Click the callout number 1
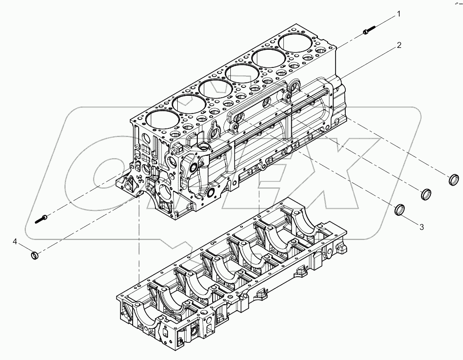[398, 14]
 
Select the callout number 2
[399, 45]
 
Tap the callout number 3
[421, 227]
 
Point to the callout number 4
[15, 241]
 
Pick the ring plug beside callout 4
[34, 255]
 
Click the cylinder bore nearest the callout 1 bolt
[296, 43]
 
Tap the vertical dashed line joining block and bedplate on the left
[139, 242]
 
